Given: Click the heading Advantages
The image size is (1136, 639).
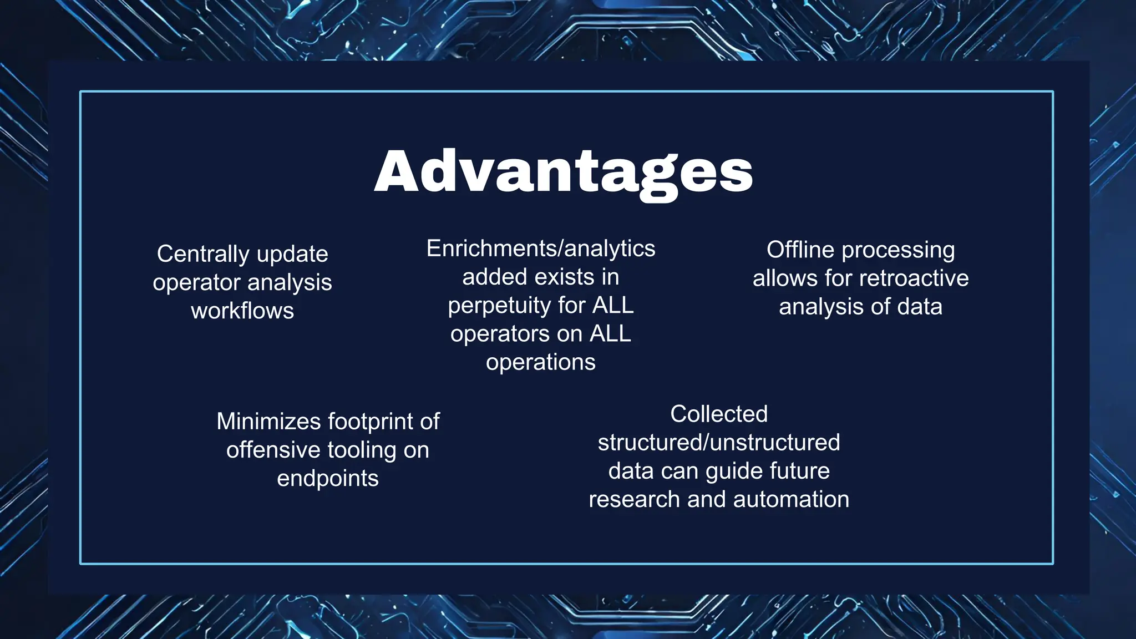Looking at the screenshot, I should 564,171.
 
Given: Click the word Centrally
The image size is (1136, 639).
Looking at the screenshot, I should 203,255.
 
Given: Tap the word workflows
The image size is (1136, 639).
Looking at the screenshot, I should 242,311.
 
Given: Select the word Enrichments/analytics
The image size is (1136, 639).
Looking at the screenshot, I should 541,248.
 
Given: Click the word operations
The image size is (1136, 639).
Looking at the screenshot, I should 541,362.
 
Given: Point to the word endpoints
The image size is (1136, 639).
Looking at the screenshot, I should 328,478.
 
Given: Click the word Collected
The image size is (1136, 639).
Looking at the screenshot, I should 719,414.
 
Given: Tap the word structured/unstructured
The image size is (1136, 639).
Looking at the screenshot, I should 719,443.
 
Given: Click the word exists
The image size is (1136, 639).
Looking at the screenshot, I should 570,277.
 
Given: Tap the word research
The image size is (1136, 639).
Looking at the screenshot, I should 635,499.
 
